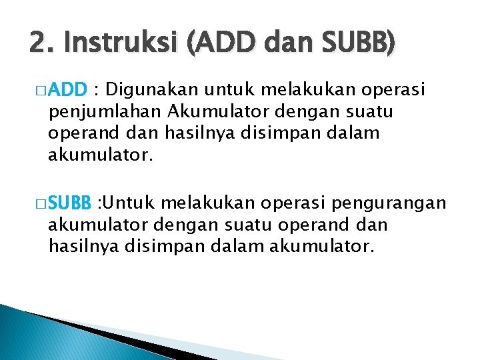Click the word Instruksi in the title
click(x=123, y=43)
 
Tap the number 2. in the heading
click(x=40, y=43)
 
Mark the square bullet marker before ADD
click(x=42, y=90)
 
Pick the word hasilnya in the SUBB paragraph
click(x=81, y=247)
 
